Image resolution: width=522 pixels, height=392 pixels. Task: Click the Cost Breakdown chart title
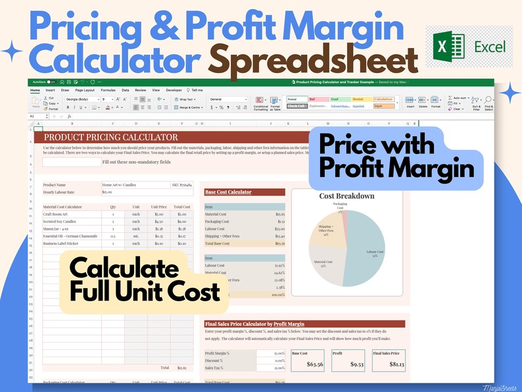346,196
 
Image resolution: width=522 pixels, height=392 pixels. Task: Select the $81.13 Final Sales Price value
389,363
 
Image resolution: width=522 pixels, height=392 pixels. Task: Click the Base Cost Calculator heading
228,192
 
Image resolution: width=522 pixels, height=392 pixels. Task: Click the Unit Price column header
158,206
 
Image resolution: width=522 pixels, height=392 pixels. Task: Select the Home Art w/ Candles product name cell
120,185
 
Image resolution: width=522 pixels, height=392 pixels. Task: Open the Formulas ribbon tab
108,89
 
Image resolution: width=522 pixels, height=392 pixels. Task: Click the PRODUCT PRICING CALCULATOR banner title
110,137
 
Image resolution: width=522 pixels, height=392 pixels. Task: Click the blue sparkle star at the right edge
508,95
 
